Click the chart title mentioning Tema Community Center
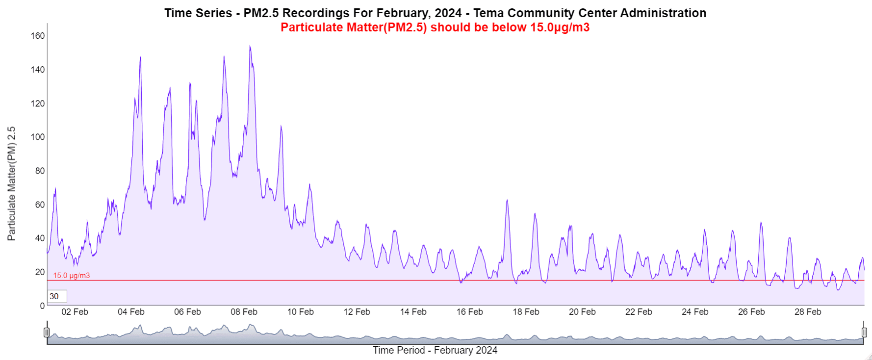point(435,13)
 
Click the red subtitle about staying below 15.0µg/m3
point(435,27)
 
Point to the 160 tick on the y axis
point(38,36)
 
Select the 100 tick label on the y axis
point(38,137)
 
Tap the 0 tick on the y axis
point(42,306)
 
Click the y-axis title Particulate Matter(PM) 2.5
point(11,183)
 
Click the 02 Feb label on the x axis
point(75,312)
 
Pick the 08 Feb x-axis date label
point(244,312)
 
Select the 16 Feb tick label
point(469,312)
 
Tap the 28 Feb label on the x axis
point(808,312)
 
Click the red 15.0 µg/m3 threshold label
point(72,276)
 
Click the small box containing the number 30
point(57,296)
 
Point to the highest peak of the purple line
point(250,47)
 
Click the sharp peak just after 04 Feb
point(140,57)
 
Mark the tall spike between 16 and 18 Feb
point(507,200)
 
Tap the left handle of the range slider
point(47,333)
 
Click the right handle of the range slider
point(864,333)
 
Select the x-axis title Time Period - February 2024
point(435,350)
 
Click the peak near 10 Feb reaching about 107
point(281,126)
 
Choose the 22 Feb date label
point(639,312)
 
